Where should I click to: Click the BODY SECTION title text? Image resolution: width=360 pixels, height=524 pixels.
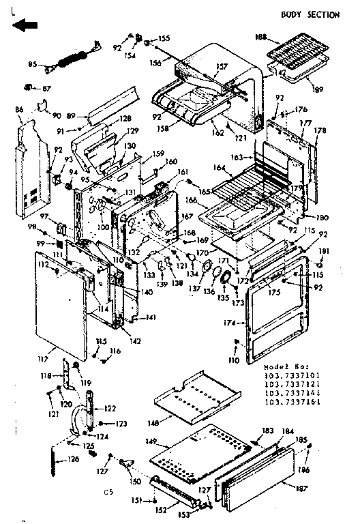(310, 14)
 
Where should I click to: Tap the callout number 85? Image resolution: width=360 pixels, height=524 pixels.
(32, 65)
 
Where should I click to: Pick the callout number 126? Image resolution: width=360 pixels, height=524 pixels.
(73, 458)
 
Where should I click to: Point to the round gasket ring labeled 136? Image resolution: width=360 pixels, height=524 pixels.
(222, 275)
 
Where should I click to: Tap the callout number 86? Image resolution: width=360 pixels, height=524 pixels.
(19, 109)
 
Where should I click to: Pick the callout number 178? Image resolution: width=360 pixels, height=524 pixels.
(320, 130)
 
